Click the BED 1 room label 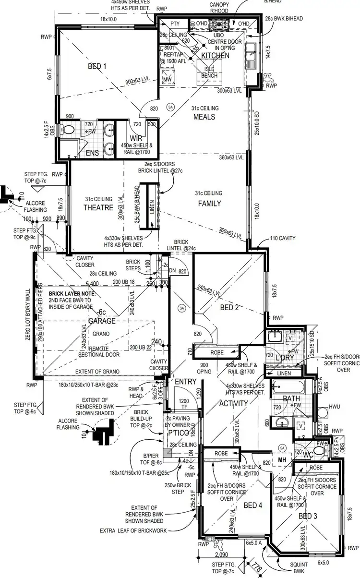point(97,67)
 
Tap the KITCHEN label point(215,56)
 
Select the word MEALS point(204,117)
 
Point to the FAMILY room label point(210,203)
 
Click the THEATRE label point(98,207)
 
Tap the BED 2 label point(229,307)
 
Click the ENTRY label point(186,381)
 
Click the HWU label point(335,408)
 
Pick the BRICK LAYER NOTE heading point(72,293)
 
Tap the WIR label point(135,138)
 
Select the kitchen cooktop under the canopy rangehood point(223,23)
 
